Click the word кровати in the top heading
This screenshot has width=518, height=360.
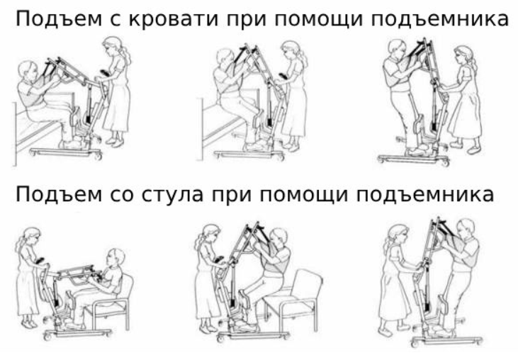point(173,19)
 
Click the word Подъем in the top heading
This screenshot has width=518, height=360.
point(59,19)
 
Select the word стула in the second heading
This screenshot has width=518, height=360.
point(172,195)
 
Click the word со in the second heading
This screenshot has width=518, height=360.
point(122,196)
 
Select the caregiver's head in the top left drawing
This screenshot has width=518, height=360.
point(113,46)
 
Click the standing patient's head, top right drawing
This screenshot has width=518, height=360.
point(397,49)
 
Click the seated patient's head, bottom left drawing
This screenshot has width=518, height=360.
point(116,258)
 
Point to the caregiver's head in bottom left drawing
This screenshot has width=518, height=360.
point(30,237)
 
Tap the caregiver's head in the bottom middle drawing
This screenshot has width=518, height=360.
point(210,235)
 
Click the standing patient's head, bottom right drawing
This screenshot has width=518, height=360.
point(466,229)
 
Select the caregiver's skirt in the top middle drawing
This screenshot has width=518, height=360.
point(295,112)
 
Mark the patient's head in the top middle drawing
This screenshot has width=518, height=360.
point(225,60)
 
